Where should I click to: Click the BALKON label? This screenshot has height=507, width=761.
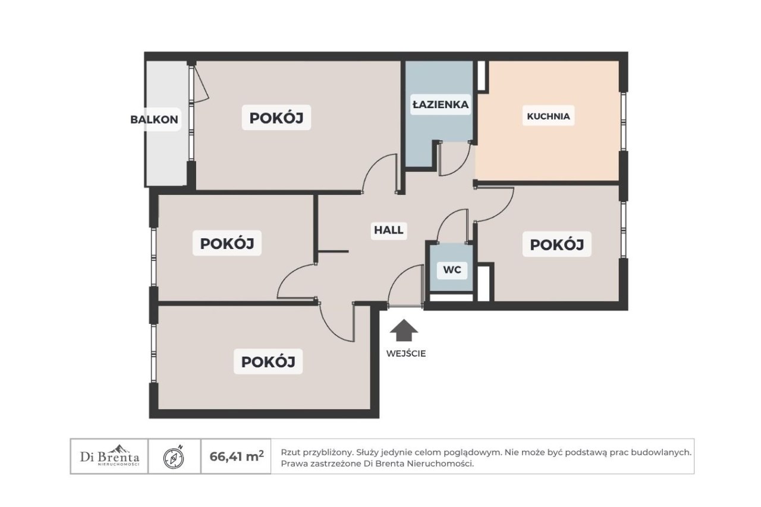[154, 119]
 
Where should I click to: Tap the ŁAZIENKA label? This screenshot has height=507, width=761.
[441, 104]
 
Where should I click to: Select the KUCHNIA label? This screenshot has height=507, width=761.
[548, 116]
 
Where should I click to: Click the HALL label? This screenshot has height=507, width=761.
[389, 230]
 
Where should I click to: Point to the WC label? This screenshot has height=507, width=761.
[452, 270]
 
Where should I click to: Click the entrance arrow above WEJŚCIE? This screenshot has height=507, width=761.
[404, 330]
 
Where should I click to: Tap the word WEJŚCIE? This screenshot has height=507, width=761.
[406, 354]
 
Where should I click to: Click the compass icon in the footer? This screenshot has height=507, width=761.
[174, 458]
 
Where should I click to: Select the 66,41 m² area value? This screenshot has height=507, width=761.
[237, 456]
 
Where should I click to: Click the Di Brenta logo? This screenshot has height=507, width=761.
[109, 456]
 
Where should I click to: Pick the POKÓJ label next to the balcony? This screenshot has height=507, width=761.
[276, 118]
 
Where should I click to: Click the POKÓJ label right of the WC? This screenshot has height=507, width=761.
[557, 244]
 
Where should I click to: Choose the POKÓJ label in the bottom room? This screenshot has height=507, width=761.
[268, 361]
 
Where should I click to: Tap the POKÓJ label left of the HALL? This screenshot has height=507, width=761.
[227, 244]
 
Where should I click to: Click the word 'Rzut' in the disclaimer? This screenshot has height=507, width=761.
[289, 452]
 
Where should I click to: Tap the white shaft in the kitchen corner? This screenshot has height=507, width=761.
[481, 75]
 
